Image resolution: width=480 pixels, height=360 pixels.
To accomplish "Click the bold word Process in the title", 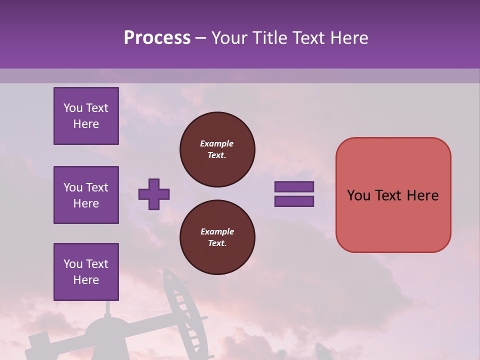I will pos(157,38).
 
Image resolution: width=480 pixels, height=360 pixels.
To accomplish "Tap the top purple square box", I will pos(86,116).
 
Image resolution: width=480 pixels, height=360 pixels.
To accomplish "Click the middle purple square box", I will pos(86,195).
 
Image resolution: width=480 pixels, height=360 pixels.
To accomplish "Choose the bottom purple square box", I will pos(86,272).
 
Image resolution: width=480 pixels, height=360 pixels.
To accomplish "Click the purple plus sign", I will pos(154,194).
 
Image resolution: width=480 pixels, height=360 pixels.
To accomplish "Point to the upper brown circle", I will pos(217,149).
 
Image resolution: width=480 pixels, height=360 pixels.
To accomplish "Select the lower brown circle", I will pos(217,237).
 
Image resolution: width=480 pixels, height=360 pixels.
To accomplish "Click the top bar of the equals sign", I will pos(294,186).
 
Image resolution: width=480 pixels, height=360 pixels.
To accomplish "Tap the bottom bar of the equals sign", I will pos(294,201).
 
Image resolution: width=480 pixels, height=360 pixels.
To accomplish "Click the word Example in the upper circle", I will pos(216,143).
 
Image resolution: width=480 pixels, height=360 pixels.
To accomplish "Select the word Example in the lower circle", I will pos(217,231).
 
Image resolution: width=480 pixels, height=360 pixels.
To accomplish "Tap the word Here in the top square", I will pos(86,124).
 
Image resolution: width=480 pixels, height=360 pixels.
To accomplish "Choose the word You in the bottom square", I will pos(73,264).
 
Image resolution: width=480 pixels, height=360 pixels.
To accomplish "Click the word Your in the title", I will pos(229,38).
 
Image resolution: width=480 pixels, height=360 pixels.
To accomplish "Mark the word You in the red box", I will pos(358,195).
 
